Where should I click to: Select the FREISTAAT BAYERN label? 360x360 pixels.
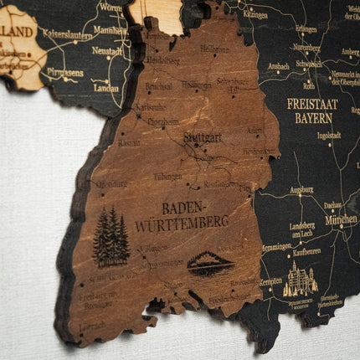pos(312,111)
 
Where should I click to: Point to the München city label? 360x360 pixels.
pos(341,220)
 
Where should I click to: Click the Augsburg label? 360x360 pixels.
pos(301,190)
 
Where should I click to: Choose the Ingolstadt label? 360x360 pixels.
pos(329,135)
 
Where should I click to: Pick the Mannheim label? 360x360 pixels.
pos(110,30)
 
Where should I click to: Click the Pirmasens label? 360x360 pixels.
pos(64,73)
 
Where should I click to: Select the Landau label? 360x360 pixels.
pos(106,87)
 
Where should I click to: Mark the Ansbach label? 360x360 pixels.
pos(279,65)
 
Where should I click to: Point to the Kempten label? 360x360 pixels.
pos(270,281)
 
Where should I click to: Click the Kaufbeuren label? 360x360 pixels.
pos(306,251)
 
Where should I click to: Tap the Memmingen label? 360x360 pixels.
pos(275,247)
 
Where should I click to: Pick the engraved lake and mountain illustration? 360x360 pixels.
pos(210,265)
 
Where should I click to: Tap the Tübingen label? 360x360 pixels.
pos(167,177)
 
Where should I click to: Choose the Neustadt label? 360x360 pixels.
pos(106,51)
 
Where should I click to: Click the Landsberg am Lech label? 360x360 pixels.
pos(302,230)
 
